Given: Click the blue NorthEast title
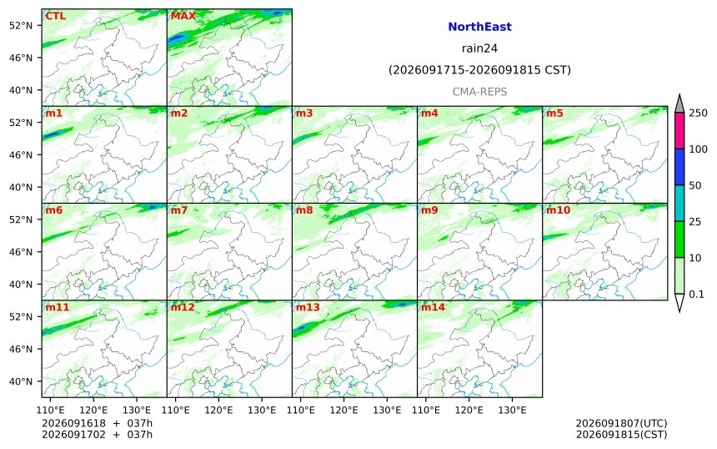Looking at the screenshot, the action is pos(479,27).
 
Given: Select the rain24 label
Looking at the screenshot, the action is pos(479,48).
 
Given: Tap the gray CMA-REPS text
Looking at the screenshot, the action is pos(479,92).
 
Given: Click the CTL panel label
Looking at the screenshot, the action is pos(55,17).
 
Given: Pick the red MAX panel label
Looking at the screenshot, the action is pos(183,17).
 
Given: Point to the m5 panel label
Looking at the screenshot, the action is pos(554,113).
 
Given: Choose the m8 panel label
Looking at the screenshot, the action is pos(304,210).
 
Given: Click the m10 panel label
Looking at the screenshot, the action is pos(559,210).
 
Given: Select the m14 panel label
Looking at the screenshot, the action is pos(433,307).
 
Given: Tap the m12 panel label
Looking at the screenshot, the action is pos(183,307).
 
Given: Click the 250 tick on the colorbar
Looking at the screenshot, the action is pos(699,113).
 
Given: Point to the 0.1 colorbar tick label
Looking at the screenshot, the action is pos(696,295).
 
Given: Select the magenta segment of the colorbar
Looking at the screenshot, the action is pos(679,130).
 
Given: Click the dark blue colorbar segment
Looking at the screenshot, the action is pos(679,167).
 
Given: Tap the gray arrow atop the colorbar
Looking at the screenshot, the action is pos(679,103).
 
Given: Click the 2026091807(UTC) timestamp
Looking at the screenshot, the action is pos(621,423).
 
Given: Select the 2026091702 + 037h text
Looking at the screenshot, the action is pos(97,434).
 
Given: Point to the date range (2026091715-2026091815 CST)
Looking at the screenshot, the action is pos(479,70).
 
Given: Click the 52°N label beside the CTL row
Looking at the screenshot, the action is pos(21,26).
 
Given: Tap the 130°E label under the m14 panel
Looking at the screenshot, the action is pos(512,410).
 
